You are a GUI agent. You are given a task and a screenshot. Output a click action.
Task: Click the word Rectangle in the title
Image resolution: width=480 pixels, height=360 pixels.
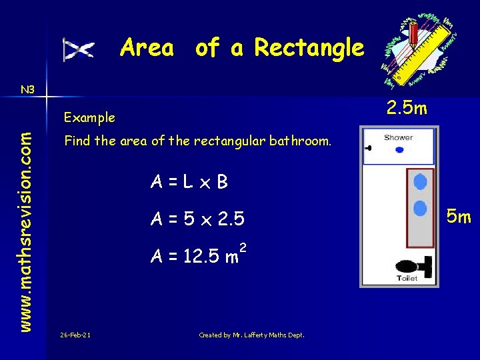tap(309, 48)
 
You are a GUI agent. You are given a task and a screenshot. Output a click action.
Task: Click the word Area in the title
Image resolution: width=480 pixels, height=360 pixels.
tap(147, 48)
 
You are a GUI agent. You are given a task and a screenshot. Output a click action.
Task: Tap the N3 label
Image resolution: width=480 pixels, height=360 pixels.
tap(28, 89)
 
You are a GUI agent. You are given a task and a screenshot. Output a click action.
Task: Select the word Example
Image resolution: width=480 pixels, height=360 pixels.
tap(89, 117)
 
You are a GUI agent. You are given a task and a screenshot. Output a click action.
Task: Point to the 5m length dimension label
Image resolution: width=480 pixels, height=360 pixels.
tap(459, 217)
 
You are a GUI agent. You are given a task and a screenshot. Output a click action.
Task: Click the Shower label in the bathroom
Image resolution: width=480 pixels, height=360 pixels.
tap(398, 138)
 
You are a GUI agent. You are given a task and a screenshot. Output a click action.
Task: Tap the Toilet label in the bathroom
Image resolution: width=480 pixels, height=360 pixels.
tap(407, 278)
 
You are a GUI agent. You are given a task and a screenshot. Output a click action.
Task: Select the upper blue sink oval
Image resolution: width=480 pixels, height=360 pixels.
tap(420, 182)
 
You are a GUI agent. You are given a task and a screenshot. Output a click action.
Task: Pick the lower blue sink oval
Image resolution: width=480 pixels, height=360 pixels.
tap(420, 209)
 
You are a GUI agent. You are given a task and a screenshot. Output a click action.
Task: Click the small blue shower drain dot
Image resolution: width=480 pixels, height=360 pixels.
tap(399, 150)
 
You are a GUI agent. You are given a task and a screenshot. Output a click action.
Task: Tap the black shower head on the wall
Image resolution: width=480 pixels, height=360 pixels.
tap(367, 148)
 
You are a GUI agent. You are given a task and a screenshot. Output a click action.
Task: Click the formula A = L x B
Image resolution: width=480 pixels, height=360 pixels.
tap(189, 181)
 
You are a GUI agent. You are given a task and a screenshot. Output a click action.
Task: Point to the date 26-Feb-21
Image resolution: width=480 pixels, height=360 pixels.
tap(75, 335)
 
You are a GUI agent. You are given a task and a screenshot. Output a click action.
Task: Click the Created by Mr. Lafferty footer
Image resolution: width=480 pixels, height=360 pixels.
tap(251, 335)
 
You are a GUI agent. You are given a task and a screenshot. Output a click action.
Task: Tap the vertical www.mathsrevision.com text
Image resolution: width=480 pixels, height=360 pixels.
tap(25, 222)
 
